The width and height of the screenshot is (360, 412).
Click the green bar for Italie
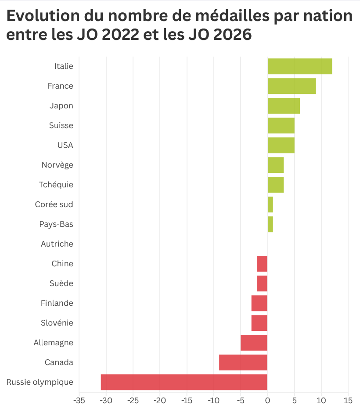click(300, 66)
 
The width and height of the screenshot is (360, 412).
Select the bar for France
click(292, 86)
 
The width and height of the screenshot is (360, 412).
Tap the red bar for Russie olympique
click(184, 382)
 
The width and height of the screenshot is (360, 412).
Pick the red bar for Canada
click(243, 362)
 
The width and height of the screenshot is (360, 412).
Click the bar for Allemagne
click(254, 343)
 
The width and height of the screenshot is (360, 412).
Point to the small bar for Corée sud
click(270, 204)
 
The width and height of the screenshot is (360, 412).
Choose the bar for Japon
click(284, 106)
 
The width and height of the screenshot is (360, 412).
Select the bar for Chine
click(262, 264)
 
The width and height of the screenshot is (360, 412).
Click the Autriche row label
click(57, 244)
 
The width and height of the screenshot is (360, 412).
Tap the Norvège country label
click(57, 165)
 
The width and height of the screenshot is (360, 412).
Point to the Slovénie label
click(57, 323)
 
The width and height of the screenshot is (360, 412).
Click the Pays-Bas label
click(56, 224)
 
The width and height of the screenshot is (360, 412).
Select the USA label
click(65, 145)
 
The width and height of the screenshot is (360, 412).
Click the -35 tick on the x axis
click(79, 401)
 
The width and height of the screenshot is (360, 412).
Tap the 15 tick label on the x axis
click(348, 401)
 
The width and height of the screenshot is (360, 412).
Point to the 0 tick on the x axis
click(267, 401)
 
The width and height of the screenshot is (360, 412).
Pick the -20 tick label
click(160, 401)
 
